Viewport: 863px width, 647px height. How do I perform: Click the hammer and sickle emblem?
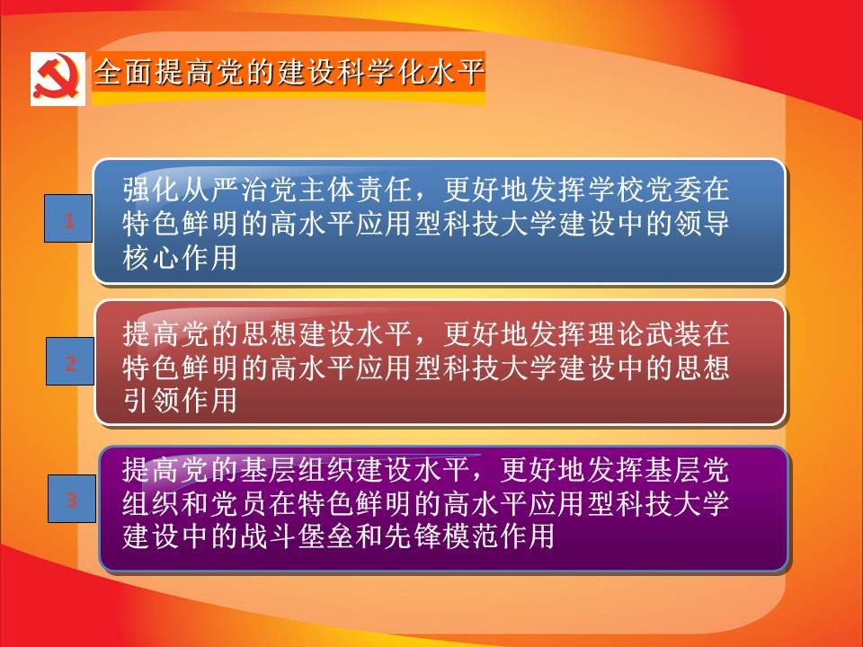pyautogui.click(x=58, y=78)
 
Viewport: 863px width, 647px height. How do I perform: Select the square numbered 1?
pyautogui.click(x=68, y=218)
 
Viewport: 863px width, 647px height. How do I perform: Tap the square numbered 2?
pyautogui.click(x=70, y=361)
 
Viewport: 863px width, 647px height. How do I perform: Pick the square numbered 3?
pyautogui.click(x=72, y=499)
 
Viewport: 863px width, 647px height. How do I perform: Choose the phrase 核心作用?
pyautogui.click(x=180, y=257)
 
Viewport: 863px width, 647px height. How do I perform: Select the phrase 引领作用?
pyautogui.click(x=180, y=400)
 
